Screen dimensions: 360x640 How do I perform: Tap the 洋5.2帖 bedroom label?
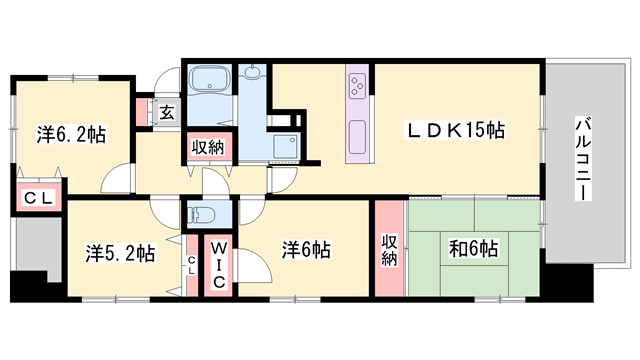(118, 253)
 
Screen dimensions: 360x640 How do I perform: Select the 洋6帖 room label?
(306, 247)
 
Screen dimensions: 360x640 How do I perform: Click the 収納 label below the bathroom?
(208, 147)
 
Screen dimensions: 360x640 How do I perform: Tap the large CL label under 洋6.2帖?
(38, 198)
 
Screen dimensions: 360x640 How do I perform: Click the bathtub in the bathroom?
(209, 81)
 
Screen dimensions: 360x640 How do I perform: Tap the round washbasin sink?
(253, 73)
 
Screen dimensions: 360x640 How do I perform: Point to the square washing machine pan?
(286, 145)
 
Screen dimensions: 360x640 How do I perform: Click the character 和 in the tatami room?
(458, 247)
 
